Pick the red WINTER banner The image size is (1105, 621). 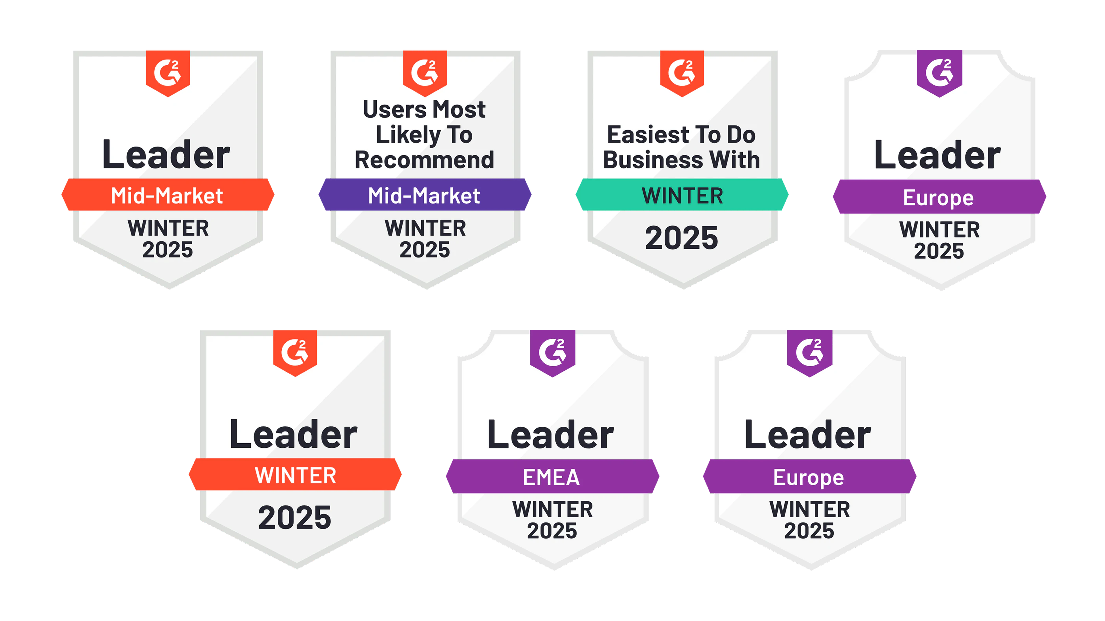point(295,475)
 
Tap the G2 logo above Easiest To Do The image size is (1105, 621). point(682,72)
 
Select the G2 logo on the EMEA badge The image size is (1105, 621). point(552,352)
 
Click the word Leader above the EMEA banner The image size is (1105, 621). point(551,435)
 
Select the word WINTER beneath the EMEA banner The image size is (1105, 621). point(552,509)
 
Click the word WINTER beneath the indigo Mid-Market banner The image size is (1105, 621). point(425,228)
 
